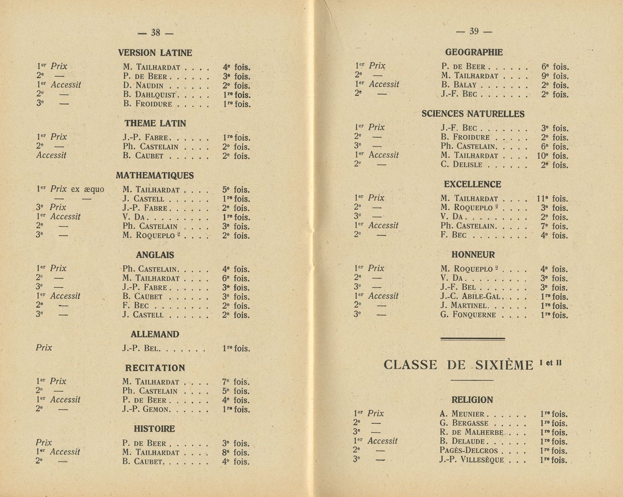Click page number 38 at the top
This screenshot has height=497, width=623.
(155, 32)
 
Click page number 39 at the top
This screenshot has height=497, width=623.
(474, 31)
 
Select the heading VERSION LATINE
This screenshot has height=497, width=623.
(155, 53)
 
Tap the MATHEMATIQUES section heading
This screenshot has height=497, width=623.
(155, 176)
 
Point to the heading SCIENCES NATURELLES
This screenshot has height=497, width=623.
(473, 114)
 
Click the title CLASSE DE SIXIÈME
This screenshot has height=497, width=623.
(458, 365)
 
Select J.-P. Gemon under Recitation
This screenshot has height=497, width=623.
(146, 410)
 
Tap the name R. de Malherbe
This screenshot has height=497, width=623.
(471, 432)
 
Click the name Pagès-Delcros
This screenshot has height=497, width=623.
(468, 450)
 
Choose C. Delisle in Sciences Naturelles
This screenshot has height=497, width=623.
(461, 165)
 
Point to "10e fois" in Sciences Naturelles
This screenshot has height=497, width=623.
(552, 156)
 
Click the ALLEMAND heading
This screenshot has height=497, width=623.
(155, 334)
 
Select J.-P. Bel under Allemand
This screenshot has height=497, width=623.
(140, 349)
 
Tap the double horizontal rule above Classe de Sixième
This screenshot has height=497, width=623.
(472, 339)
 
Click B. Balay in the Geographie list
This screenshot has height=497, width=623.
(459, 85)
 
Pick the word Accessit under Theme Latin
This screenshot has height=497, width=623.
(51, 156)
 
